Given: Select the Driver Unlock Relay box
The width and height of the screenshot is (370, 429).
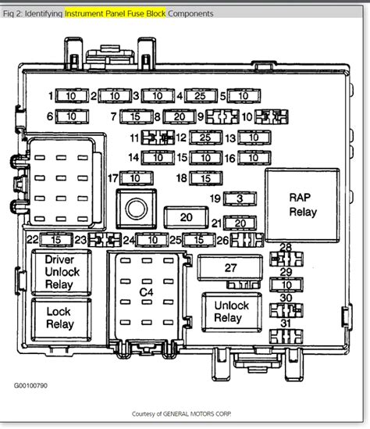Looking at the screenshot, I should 60,271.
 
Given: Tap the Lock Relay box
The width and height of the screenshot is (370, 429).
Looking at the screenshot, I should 60,317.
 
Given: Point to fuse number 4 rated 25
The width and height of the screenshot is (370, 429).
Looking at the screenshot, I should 201,96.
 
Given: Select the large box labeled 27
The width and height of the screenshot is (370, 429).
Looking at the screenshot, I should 229,268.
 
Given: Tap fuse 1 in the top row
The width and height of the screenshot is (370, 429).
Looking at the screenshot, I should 71,96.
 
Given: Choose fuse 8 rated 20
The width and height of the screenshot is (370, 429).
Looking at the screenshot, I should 179,116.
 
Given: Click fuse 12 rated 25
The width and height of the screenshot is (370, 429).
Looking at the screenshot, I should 205,138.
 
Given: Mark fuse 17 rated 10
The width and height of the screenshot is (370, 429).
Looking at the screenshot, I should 136,178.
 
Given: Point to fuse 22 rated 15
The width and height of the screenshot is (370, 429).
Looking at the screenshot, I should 57,239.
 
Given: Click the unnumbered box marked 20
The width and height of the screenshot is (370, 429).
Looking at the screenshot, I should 186,217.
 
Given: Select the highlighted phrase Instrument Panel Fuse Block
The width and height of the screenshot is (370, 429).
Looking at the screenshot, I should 125,13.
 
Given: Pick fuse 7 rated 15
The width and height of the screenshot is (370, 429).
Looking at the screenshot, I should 136,116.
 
